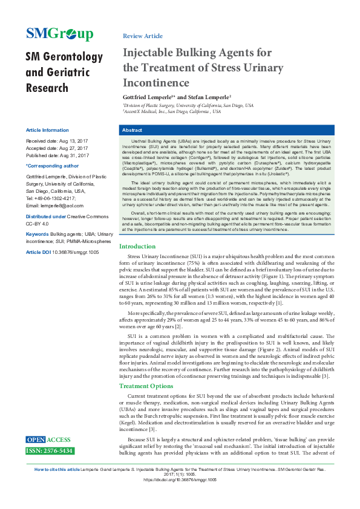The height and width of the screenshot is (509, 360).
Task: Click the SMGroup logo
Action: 59,33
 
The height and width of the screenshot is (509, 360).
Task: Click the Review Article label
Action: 142,36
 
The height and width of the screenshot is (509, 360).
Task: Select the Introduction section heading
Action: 137,263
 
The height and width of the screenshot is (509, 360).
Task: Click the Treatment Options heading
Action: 146,386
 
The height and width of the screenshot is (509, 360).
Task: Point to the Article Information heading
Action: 47,130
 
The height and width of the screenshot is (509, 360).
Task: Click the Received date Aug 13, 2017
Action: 57,140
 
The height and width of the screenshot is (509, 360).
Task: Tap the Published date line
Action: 57,155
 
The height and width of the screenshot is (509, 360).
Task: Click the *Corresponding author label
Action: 52,165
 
